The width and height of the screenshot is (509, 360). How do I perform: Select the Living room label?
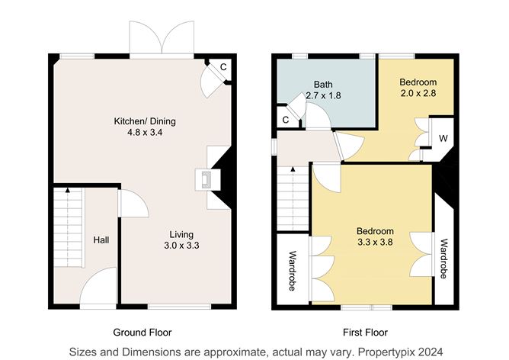coord(181,234)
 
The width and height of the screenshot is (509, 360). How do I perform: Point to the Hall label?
coord(101,240)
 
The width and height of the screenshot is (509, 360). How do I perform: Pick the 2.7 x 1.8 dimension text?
coord(323,96)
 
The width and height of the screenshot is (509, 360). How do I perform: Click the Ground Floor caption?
coord(142,333)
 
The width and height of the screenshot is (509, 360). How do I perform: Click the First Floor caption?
coord(365,333)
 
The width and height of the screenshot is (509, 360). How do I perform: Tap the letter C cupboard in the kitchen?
coord(222,67)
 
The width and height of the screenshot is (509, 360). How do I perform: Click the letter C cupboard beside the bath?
coord(285,120)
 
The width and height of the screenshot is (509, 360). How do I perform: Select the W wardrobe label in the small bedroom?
coord(443,139)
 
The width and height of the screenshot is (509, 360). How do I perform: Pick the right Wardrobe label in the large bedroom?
coord(443,259)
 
